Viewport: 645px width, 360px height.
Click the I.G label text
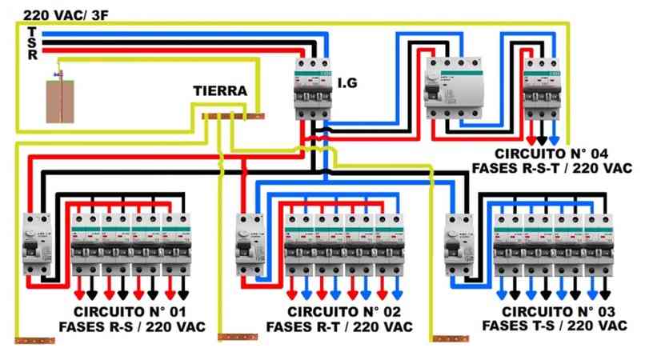[x=347, y=82]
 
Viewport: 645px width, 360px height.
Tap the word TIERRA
[x=220, y=91]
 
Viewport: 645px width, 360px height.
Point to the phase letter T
[x=31, y=31]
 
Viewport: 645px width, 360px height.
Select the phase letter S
[x=31, y=43]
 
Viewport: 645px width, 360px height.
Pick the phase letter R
[x=31, y=55]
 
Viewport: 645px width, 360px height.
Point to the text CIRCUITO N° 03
[x=548, y=312]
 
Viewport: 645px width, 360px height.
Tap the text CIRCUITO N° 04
[x=551, y=153]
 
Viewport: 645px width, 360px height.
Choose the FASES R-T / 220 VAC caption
[x=339, y=327]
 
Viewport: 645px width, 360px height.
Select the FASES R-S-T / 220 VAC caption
[x=551, y=168]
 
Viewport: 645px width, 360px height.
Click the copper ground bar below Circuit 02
[x=238, y=338]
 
